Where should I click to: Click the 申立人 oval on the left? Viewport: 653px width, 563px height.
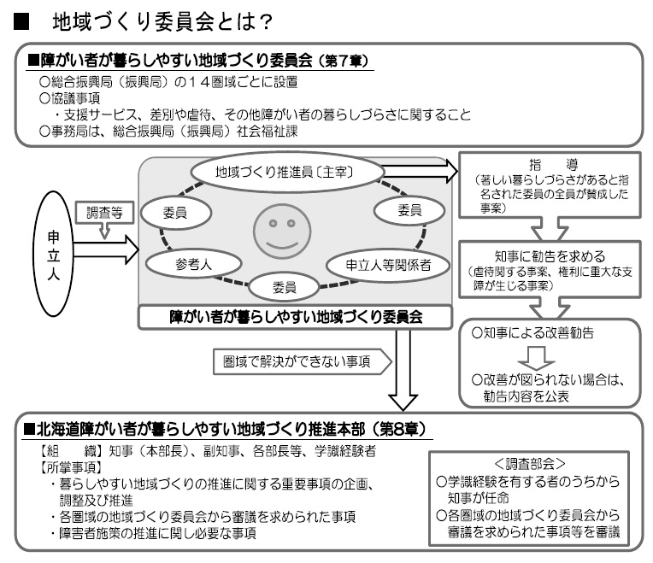point(53,255)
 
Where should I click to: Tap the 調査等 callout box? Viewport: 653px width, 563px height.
point(104,213)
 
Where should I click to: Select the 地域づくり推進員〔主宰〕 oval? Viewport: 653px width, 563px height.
point(287,172)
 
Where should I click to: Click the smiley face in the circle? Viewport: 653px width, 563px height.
point(282,232)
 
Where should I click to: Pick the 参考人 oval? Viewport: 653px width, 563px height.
point(194,264)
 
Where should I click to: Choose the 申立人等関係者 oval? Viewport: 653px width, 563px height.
point(388,265)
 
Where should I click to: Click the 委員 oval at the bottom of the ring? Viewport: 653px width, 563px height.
point(284,287)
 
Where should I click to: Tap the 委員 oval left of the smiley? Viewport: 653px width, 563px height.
point(176,213)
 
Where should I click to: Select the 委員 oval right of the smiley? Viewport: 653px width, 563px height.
point(409,210)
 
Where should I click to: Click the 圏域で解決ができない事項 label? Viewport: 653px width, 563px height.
point(297,361)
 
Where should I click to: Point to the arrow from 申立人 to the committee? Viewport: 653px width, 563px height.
point(106,249)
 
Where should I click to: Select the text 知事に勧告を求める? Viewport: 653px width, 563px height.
point(550,255)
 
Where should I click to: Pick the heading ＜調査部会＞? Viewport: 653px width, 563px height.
point(530,464)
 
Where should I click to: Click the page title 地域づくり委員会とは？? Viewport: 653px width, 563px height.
point(162,22)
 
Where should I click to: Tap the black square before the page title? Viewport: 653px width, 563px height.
point(21,22)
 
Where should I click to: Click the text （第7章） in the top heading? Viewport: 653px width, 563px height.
point(343,62)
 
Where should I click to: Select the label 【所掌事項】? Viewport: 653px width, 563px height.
point(71,467)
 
